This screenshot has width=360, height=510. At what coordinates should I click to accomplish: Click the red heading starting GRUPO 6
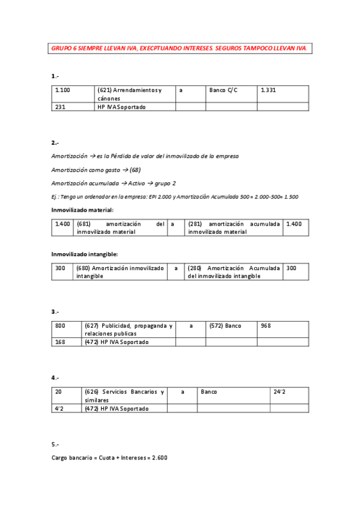180,48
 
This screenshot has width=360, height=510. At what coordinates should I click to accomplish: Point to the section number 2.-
55,143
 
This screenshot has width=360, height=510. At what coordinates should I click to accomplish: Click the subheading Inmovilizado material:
82,209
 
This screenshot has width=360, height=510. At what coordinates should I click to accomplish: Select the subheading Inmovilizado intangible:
84,254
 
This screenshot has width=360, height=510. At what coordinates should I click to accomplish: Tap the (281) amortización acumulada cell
233,227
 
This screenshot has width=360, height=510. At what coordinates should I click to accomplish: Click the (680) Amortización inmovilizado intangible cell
120,272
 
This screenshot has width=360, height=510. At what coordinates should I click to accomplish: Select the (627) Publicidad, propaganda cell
129,329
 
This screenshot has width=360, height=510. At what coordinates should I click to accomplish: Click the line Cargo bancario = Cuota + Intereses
109,458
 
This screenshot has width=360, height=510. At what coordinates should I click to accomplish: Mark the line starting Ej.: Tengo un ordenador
175,197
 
